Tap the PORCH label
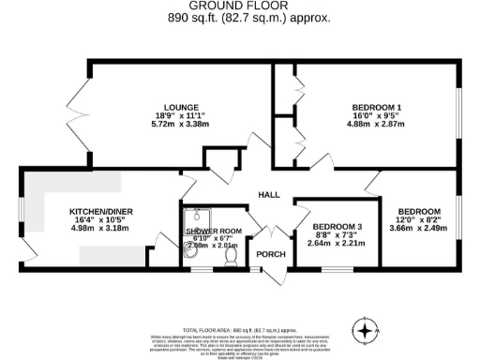[272, 254]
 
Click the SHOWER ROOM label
[214, 231]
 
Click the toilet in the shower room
[231, 253]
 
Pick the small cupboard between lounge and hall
[221, 157]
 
